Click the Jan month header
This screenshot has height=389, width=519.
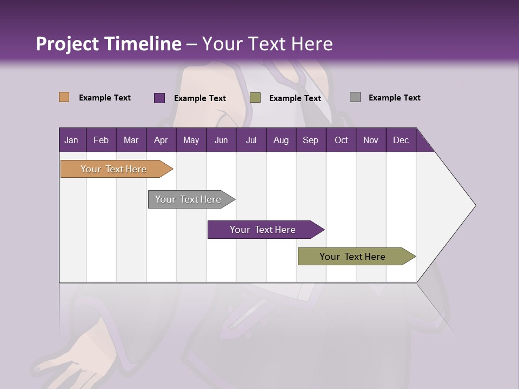click(x=72, y=140)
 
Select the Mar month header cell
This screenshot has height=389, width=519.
click(x=131, y=140)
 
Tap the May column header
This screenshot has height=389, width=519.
click(x=191, y=140)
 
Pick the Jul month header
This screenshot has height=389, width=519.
click(x=251, y=140)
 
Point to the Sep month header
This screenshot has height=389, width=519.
click(x=310, y=140)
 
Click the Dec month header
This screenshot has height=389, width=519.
click(x=401, y=140)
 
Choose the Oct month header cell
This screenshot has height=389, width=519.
click(x=341, y=140)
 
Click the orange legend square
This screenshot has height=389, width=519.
click(x=64, y=97)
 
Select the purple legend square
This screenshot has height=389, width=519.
click(x=159, y=98)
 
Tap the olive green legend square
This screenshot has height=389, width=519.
click(x=255, y=97)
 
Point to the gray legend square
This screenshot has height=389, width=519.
click(x=355, y=97)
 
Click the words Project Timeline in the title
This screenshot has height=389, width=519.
click(x=108, y=44)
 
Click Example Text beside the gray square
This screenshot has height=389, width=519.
click(x=394, y=98)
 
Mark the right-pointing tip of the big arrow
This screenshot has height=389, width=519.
click(x=474, y=205)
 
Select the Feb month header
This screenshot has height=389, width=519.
click(x=101, y=140)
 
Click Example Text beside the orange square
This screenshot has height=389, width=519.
click(x=104, y=98)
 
